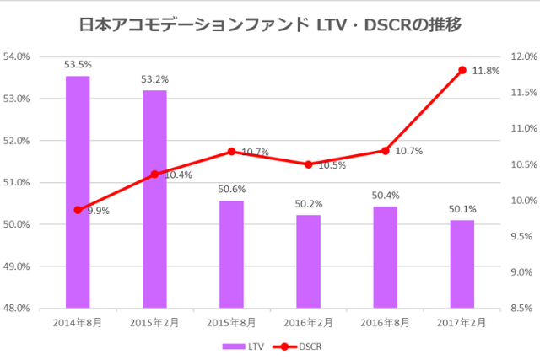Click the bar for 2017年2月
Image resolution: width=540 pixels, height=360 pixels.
click(x=462, y=264)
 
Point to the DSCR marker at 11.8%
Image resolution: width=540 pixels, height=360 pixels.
click(x=462, y=70)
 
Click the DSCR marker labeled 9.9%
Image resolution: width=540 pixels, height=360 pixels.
click(x=78, y=210)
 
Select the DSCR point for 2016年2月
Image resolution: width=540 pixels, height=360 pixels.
click(x=308, y=164)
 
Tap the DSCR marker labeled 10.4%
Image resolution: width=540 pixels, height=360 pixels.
click(x=154, y=175)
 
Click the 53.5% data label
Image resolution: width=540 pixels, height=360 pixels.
click(x=78, y=64)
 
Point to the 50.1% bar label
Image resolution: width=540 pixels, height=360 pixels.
click(x=462, y=208)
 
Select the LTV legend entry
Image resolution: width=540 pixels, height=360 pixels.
click(x=246, y=346)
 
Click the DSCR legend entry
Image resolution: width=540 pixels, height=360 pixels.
click(x=301, y=346)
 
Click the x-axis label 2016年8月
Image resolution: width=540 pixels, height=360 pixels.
click(x=385, y=323)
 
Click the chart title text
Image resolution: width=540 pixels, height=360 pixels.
click(x=269, y=25)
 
